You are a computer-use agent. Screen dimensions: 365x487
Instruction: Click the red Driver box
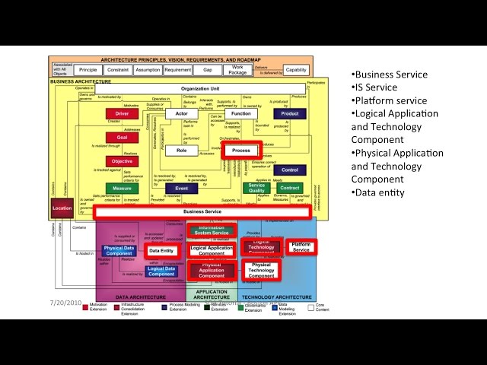click(122, 114)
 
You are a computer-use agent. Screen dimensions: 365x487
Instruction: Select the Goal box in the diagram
click(122, 138)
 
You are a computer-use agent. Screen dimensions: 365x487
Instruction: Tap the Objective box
click(122, 161)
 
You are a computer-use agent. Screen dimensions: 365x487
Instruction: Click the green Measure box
click(122, 188)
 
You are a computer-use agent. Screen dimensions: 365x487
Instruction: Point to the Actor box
click(181, 114)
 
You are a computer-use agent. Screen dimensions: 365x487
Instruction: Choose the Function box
click(241, 114)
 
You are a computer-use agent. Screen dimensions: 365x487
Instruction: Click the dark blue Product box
click(289, 114)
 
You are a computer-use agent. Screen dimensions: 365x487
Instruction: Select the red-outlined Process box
click(241, 151)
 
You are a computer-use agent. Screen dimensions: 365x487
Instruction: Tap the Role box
click(181, 151)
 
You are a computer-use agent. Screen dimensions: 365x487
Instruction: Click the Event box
click(181, 188)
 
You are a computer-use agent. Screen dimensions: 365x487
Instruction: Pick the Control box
click(289, 170)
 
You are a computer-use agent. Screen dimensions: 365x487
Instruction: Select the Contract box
click(289, 188)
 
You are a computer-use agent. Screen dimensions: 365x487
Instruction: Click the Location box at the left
click(62, 207)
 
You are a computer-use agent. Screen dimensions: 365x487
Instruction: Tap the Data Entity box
click(161, 249)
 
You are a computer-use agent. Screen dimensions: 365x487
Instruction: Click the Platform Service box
click(301, 247)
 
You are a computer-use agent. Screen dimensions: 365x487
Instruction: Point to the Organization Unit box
click(199, 89)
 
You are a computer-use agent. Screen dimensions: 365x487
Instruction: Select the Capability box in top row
click(296, 69)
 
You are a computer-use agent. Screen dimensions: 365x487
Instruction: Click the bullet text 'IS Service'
click(376, 87)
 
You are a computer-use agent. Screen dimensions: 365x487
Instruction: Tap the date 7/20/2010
click(66, 303)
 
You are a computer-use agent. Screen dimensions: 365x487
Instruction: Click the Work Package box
click(237, 69)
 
